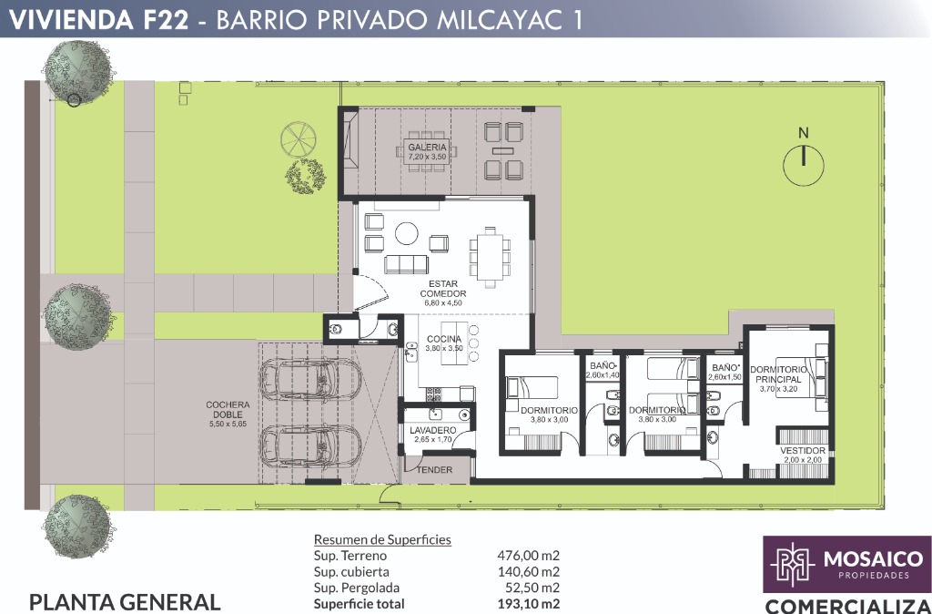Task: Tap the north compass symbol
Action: pyautogui.click(x=804, y=159)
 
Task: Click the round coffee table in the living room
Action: pyautogui.click(x=407, y=232)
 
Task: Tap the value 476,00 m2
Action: pyautogui.click(x=528, y=556)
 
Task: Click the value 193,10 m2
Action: pyautogui.click(x=528, y=604)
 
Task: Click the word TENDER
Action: pyautogui.click(x=434, y=469)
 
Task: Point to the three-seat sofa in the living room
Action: pyautogui.click(x=406, y=264)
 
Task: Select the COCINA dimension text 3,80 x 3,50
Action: pyautogui.click(x=444, y=348)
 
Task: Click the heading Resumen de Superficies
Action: pyautogui.click(x=382, y=539)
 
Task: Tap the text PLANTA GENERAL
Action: pyautogui.click(x=125, y=602)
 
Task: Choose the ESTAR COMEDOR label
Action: pyautogui.click(x=443, y=289)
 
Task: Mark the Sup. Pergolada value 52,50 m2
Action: pyautogui.click(x=532, y=588)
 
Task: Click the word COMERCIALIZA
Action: pyautogui.click(x=847, y=606)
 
